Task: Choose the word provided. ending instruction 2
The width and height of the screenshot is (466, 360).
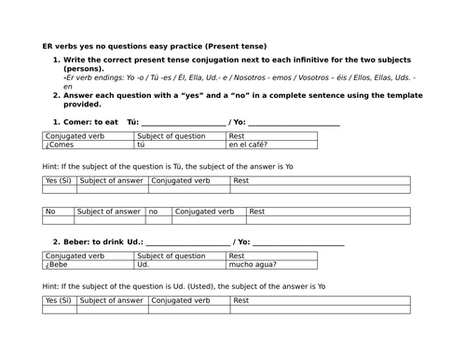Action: pyautogui.click(x=82, y=104)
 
